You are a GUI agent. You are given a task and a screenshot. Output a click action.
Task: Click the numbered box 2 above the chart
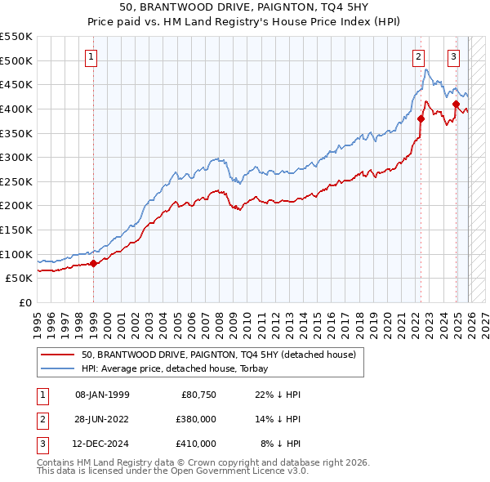418,57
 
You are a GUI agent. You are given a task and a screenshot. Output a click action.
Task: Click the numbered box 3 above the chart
453,57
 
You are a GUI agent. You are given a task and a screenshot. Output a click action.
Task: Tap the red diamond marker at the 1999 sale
93,263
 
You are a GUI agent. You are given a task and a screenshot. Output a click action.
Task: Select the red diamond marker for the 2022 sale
421,118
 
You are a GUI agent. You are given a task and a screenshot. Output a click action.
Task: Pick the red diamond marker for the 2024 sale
456,104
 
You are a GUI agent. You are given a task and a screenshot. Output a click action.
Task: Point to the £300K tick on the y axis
16,157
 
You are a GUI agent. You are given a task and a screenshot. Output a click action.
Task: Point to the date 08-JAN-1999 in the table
102,395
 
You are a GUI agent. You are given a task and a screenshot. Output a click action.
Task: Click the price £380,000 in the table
196,419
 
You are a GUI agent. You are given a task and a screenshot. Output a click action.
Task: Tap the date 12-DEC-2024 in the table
102,444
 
